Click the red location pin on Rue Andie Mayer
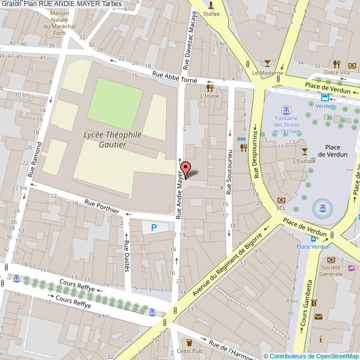coord(187,169)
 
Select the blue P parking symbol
coord(154,227)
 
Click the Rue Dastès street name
coord(127,255)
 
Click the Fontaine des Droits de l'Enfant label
coord(286,125)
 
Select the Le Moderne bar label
coord(268,73)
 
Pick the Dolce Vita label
coord(337,73)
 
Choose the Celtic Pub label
coord(190,351)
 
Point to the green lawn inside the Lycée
coord(115,103)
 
